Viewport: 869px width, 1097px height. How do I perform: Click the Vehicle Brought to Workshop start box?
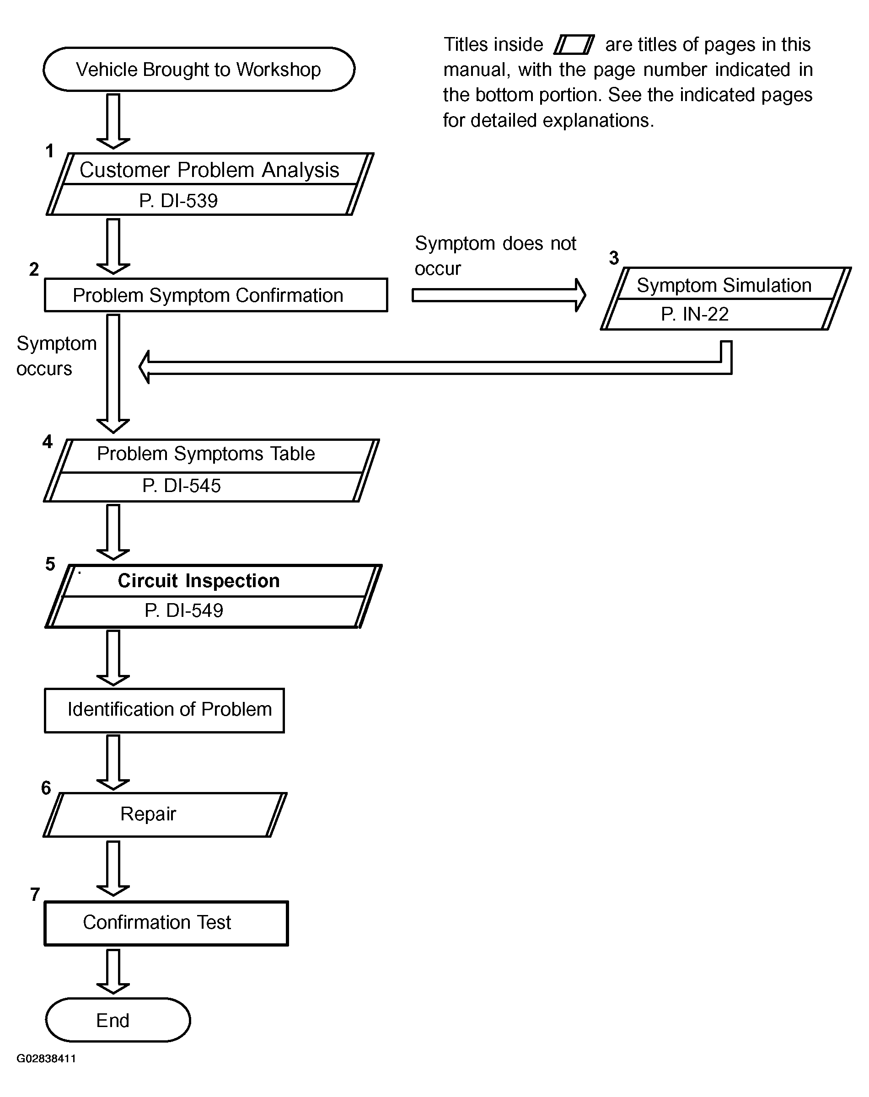199,69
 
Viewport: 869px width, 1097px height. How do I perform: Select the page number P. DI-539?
178,201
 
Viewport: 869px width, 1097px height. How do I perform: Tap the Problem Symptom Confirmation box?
216,295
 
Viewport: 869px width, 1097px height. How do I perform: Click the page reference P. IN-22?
695,314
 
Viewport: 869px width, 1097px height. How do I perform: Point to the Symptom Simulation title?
724,285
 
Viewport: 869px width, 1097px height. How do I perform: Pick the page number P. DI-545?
182,486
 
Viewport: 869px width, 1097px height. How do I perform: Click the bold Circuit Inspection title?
199,581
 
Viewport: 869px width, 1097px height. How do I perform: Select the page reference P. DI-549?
184,610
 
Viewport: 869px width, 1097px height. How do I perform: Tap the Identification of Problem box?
164,711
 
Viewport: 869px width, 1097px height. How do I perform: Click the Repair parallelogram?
165,815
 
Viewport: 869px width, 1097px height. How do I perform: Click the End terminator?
118,1020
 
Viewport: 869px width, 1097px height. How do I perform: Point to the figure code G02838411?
46,1058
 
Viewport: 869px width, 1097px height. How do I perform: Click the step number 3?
614,258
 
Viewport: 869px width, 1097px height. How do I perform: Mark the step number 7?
35,894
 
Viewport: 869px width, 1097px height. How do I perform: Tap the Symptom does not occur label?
495,256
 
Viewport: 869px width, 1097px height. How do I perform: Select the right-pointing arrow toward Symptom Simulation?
499,295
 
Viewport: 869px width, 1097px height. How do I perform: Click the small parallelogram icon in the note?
574,44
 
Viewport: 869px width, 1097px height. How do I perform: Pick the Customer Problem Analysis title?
209,170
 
